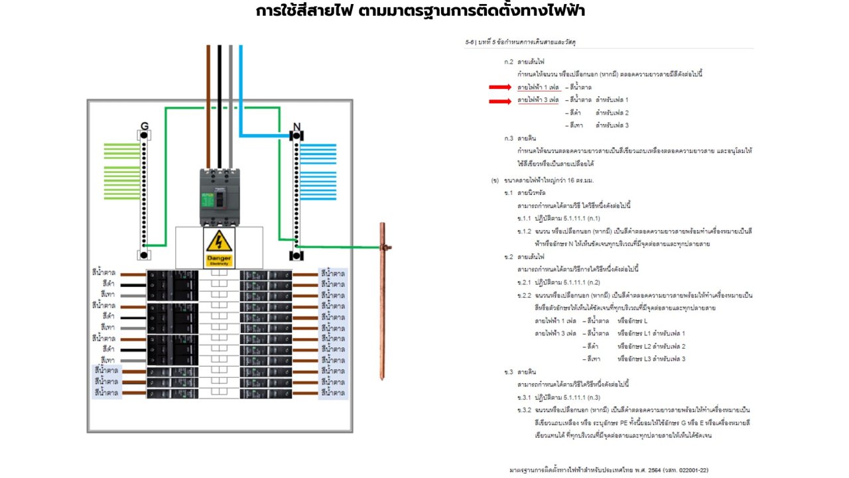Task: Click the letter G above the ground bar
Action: coord(144,126)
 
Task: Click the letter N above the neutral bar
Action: coord(296,126)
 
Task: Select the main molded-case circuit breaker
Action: coord(220,197)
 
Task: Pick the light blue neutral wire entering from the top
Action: coord(241,86)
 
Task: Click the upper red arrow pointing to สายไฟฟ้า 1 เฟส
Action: coord(500,88)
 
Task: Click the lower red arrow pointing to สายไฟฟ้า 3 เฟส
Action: coord(500,101)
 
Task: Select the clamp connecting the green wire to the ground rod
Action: coord(383,247)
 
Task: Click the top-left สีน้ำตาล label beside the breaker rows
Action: coord(105,273)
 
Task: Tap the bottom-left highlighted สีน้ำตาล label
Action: coord(106,392)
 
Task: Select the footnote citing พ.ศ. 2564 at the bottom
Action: coord(610,469)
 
